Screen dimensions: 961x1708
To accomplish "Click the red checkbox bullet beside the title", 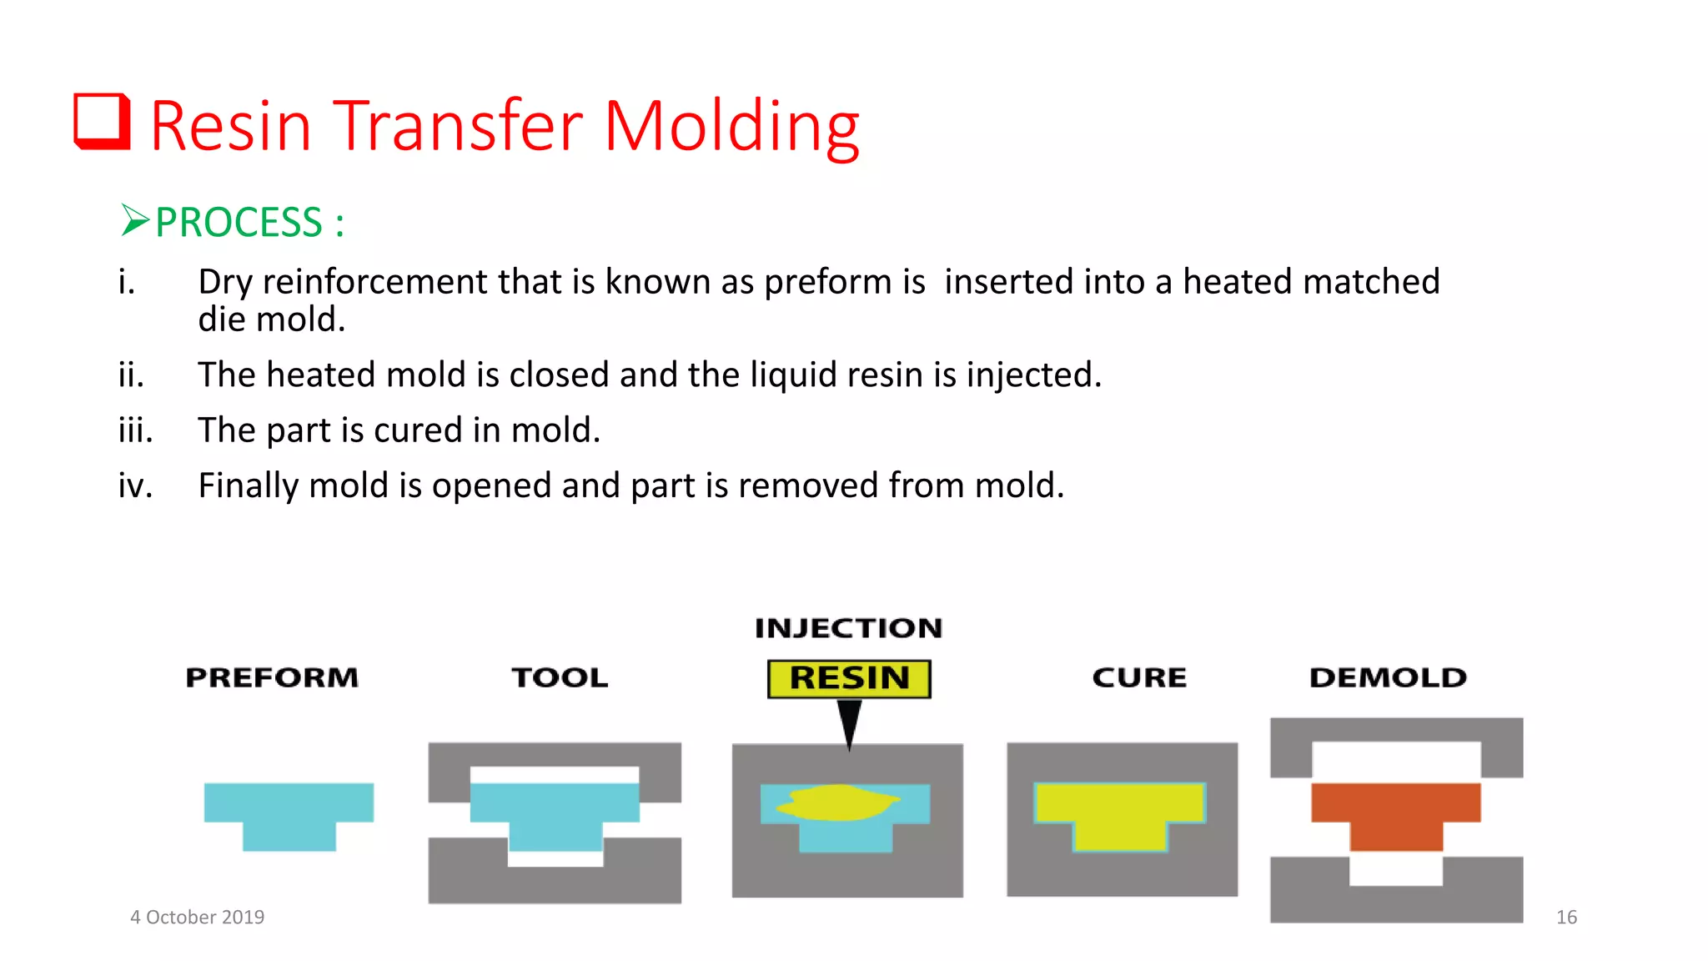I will [x=102, y=122].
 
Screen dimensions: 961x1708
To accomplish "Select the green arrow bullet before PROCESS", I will [x=134, y=220].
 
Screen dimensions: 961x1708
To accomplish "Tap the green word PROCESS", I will [x=239, y=223].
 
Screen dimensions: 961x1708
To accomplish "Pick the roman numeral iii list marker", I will [x=135, y=430].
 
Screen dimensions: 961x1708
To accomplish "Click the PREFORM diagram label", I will [x=272, y=677].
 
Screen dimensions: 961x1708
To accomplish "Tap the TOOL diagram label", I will [x=560, y=677].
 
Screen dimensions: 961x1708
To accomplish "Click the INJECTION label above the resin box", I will [x=848, y=628].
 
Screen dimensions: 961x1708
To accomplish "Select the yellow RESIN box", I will [x=848, y=678].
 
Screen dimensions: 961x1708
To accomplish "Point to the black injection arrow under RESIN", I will [x=849, y=722].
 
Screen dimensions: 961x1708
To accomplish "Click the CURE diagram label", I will [x=1139, y=677].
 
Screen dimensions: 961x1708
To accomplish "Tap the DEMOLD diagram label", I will [x=1388, y=677].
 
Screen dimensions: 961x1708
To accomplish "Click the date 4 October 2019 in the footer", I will [x=198, y=917].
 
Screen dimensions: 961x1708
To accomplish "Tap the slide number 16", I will [x=1566, y=917].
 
